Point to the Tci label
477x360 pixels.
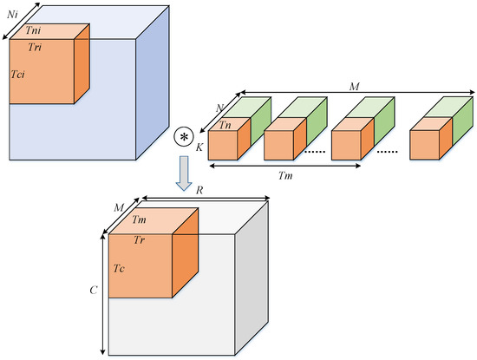pyautogui.click(x=17, y=75)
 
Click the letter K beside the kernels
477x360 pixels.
pyautogui.click(x=200, y=147)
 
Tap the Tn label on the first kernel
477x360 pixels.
pyautogui.click(x=225, y=124)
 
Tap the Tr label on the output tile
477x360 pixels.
pyautogui.click(x=139, y=239)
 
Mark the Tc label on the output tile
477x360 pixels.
pyautogui.click(x=118, y=270)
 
